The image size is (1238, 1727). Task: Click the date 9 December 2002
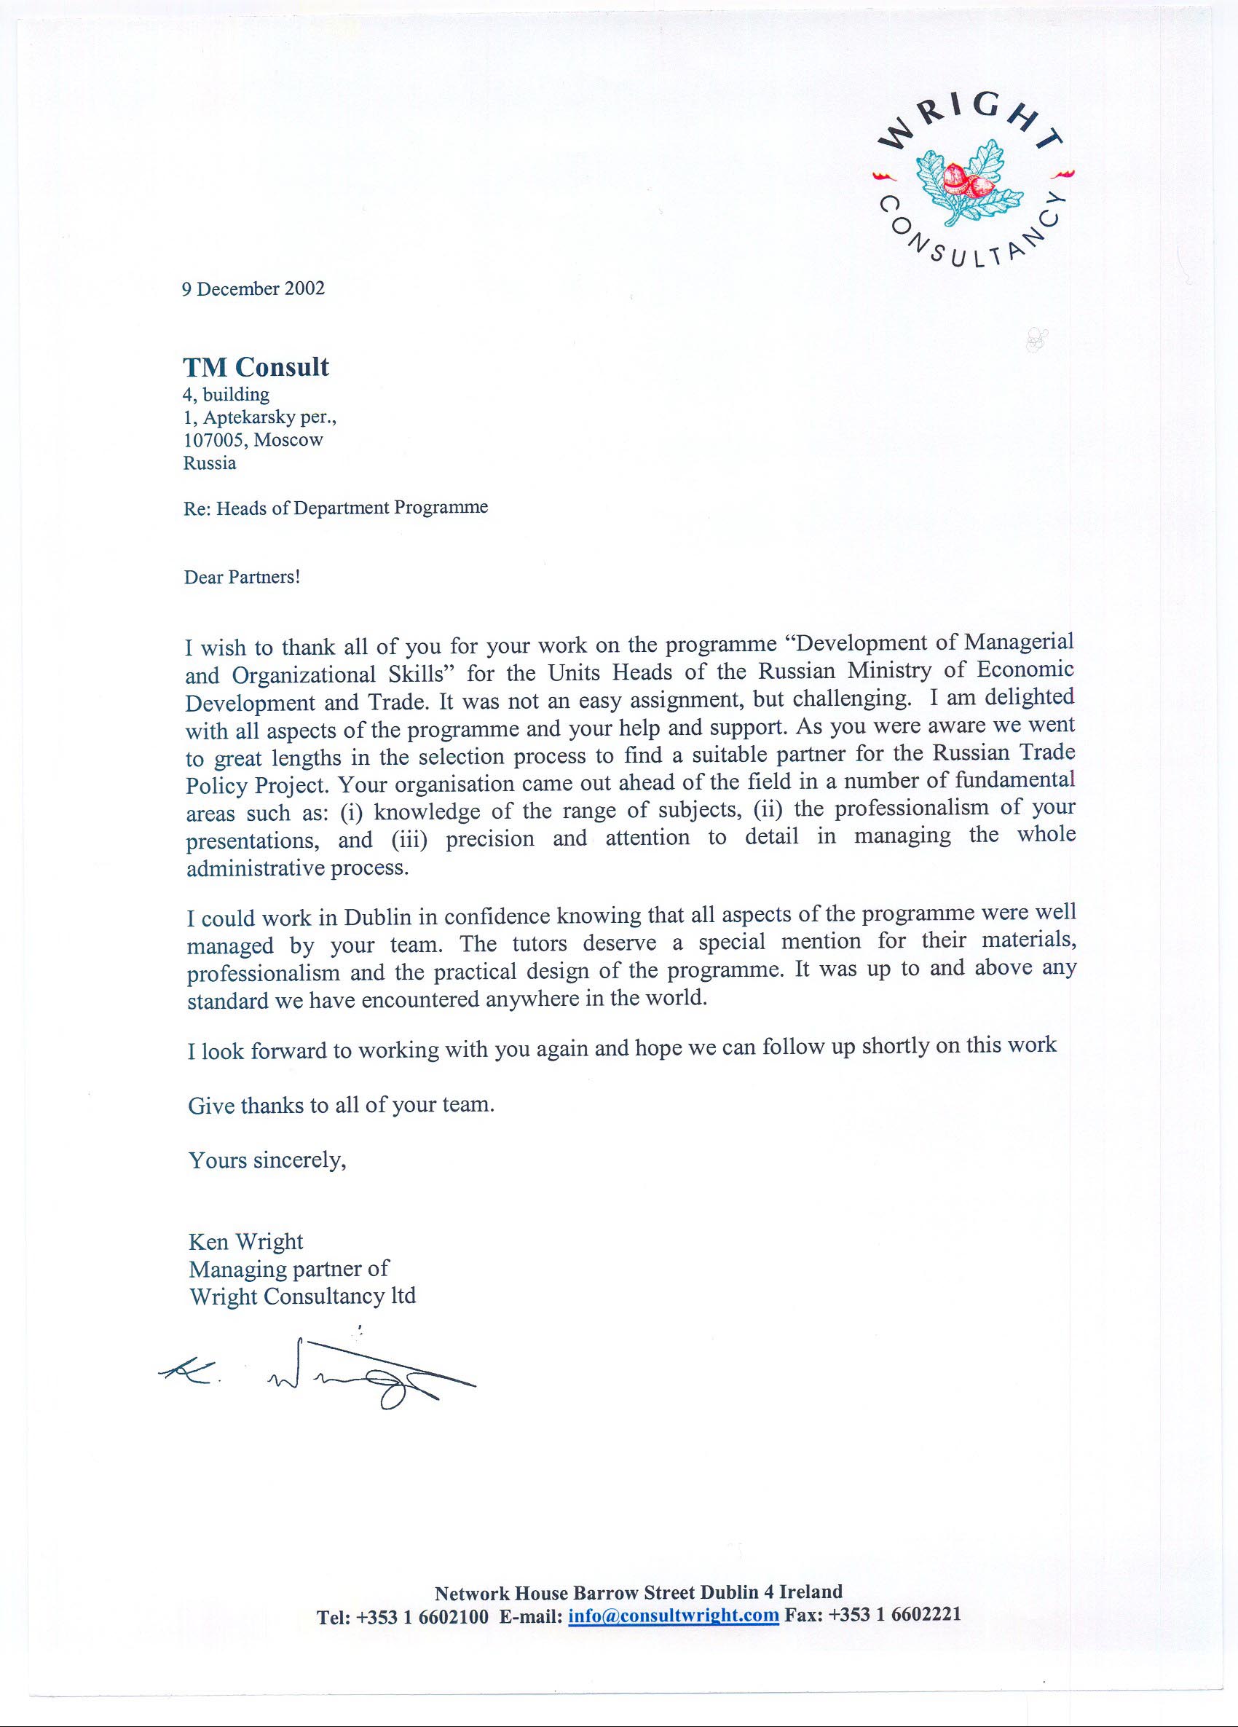tap(253, 288)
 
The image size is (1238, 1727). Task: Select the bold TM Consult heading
tap(256, 367)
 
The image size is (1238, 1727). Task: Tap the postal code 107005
tap(215, 440)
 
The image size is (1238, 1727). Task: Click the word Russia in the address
tap(210, 463)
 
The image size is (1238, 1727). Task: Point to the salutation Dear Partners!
tap(242, 576)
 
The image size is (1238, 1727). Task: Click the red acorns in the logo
tap(966, 180)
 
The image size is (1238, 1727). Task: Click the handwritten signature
tap(320, 1377)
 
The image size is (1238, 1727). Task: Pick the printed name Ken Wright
tap(246, 1242)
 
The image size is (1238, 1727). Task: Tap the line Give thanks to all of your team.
tap(341, 1105)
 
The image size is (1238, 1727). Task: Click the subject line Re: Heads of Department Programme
tap(335, 508)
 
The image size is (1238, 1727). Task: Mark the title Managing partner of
tap(288, 1269)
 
